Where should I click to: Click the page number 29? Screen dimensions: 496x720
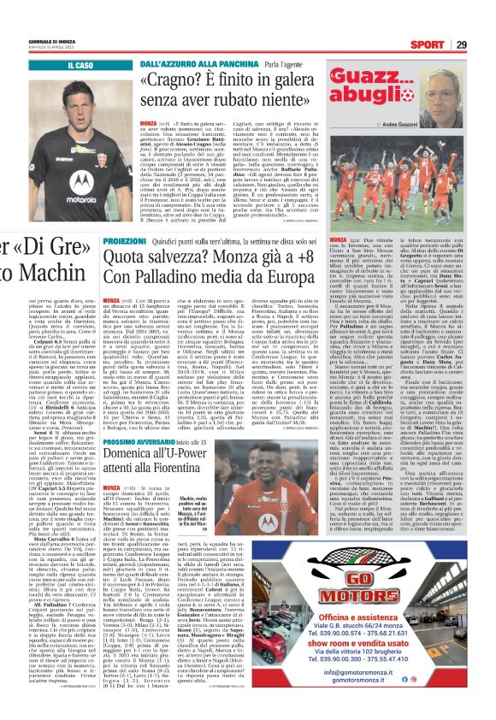tap(483, 45)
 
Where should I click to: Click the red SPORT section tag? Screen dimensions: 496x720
tap(449, 45)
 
